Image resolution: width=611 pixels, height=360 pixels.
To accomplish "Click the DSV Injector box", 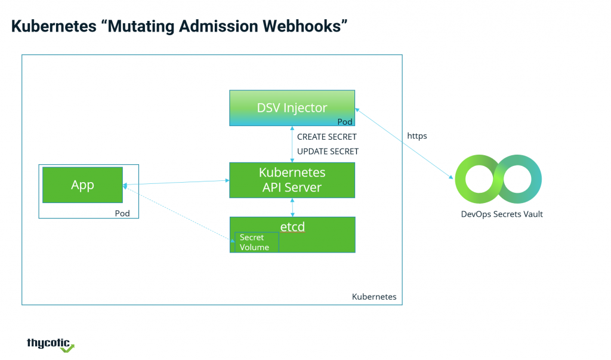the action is (292, 108).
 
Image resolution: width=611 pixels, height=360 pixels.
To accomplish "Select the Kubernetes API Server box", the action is (292, 180).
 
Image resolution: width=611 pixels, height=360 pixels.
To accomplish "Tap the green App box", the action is (82, 185).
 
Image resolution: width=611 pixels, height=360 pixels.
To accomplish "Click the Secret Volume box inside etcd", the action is (257, 242).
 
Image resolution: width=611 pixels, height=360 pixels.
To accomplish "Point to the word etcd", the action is (292, 227).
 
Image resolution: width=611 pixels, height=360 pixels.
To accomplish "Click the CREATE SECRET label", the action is (326, 137).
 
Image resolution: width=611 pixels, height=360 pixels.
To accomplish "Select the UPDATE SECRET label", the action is (328, 151).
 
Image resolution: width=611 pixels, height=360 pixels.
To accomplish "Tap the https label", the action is (417, 136).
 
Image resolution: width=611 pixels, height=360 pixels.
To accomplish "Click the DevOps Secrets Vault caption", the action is (502, 214).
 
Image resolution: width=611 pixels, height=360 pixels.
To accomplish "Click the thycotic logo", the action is (50, 345).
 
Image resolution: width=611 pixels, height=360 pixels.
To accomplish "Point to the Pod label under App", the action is (122, 213).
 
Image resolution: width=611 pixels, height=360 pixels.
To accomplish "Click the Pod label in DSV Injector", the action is (345, 122).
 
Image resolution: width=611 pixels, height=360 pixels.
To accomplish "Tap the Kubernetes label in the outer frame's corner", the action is (374, 297).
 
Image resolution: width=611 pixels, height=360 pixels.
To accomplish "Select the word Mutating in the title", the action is (141, 27).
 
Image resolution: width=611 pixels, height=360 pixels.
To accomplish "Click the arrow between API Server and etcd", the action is (292, 208).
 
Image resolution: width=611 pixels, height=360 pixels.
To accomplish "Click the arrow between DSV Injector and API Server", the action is (292, 144).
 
